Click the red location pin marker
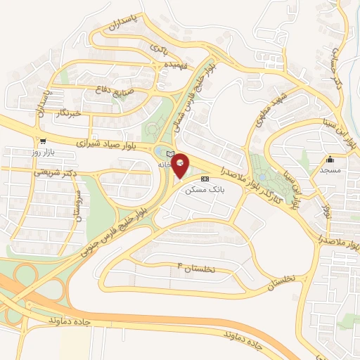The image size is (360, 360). coord(181,165)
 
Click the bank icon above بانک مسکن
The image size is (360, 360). coord(205,179)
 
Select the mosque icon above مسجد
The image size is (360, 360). coord(330,159)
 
